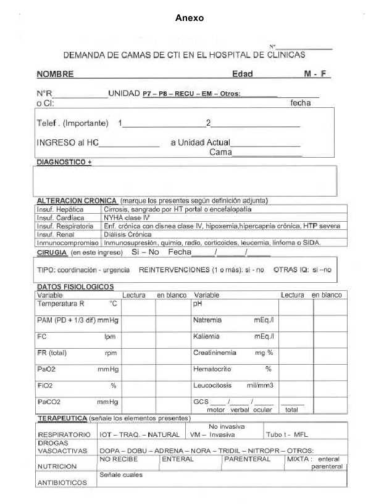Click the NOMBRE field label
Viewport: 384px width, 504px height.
(55, 75)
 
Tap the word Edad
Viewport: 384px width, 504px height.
(242, 75)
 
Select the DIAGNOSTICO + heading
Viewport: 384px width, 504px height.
(64, 161)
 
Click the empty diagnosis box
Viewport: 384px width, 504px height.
(185, 181)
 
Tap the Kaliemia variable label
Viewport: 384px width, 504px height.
(207, 336)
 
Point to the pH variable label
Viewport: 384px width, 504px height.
(198, 304)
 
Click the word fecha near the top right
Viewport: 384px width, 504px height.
(301, 104)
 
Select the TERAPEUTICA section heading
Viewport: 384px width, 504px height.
(62, 418)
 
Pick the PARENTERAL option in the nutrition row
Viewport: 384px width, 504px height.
(247, 459)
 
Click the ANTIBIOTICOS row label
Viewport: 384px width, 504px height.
(62, 482)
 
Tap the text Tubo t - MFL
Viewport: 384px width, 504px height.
(287, 434)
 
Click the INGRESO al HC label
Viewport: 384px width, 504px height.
(67, 142)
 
